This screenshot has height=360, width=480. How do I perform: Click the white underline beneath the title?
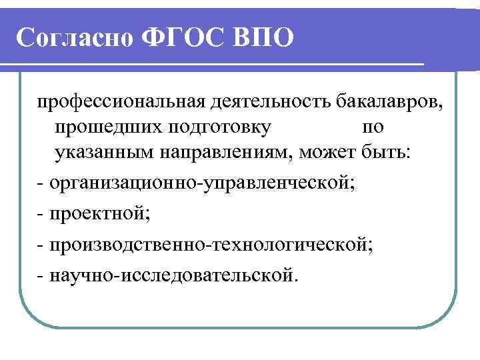tap(213, 65)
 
